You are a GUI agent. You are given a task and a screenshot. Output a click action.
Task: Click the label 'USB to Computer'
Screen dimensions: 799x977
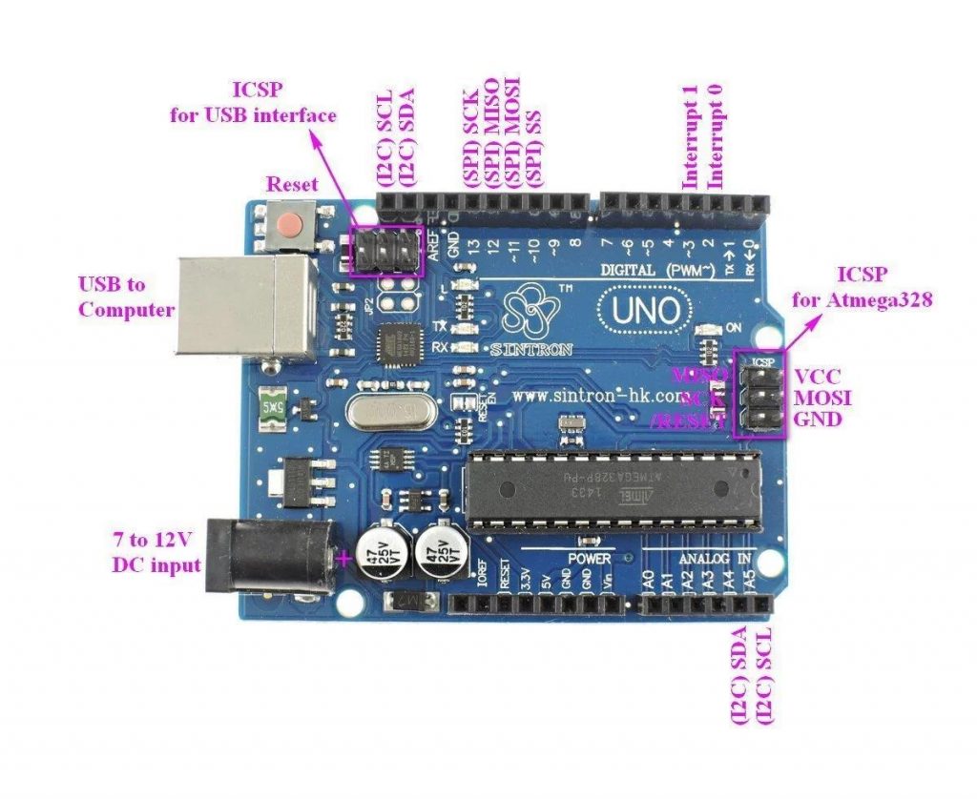tap(126, 297)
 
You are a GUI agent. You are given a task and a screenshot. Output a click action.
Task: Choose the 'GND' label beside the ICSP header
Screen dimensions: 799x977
tap(818, 419)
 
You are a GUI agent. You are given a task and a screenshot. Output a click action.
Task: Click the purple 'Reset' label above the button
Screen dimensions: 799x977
tap(293, 183)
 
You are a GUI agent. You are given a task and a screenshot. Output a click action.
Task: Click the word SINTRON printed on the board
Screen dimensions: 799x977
tap(530, 350)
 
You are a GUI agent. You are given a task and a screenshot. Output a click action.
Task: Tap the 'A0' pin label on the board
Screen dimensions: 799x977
tap(649, 579)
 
